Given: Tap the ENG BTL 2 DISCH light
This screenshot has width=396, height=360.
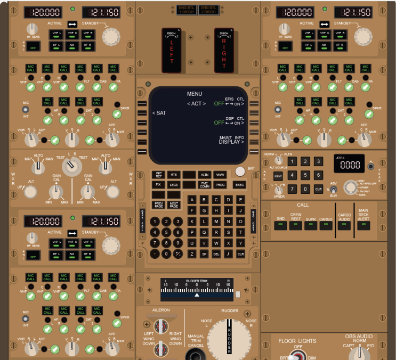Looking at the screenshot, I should [209, 10].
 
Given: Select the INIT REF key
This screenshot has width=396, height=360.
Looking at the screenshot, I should [158, 175].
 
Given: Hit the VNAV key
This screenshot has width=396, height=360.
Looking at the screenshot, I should [220, 175].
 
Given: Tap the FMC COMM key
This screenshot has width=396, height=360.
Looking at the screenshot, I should [205, 185].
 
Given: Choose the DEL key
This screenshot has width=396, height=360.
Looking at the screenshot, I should [216, 254].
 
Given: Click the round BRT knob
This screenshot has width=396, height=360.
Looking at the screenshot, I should [240, 171].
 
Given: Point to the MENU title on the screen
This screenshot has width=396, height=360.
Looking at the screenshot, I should [195, 94].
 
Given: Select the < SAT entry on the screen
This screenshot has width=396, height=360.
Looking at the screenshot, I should [159, 113].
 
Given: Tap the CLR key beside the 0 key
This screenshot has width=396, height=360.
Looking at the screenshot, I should [318, 189].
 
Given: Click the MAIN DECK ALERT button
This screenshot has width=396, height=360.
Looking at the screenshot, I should [363, 225].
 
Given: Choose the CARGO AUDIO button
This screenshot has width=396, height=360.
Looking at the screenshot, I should [344, 225].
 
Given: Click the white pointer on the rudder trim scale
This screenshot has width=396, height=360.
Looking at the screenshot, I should [197, 294].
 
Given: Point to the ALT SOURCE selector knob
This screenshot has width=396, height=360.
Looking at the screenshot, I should [277, 160].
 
